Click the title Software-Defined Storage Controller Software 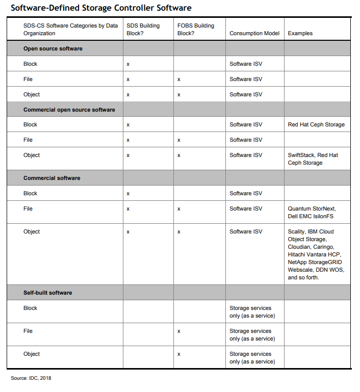[101, 8]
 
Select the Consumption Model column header [254, 33]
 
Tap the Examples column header [300, 33]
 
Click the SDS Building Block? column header [143, 29]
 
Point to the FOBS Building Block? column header [196, 29]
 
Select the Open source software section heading [53, 48]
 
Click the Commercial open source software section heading [69, 110]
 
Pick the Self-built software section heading [47, 293]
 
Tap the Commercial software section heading [52, 178]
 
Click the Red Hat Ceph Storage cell [316, 124]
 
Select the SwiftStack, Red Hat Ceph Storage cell [313, 159]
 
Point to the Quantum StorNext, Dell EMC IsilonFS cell [312, 212]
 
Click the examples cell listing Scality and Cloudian [316, 254]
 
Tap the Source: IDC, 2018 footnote [31, 378]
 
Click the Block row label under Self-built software [31, 308]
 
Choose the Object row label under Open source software [32, 94]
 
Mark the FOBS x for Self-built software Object [179, 354]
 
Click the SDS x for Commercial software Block [128, 194]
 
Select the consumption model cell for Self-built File [250, 334]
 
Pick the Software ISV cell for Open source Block [246, 64]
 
